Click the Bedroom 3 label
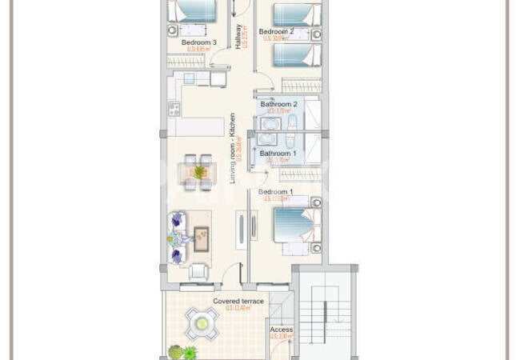(x=198, y=42)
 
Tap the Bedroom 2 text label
(x=276, y=32)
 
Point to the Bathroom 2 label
(x=278, y=104)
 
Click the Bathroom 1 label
(x=278, y=153)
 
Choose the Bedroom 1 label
(x=275, y=192)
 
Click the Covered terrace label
(x=238, y=301)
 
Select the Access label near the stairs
(x=281, y=330)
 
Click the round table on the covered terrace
(x=202, y=324)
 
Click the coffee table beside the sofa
(x=202, y=237)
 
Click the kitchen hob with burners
(x=174, y=108)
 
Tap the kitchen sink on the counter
(x=189, y=78)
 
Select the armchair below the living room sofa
(x=198, y=271)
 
